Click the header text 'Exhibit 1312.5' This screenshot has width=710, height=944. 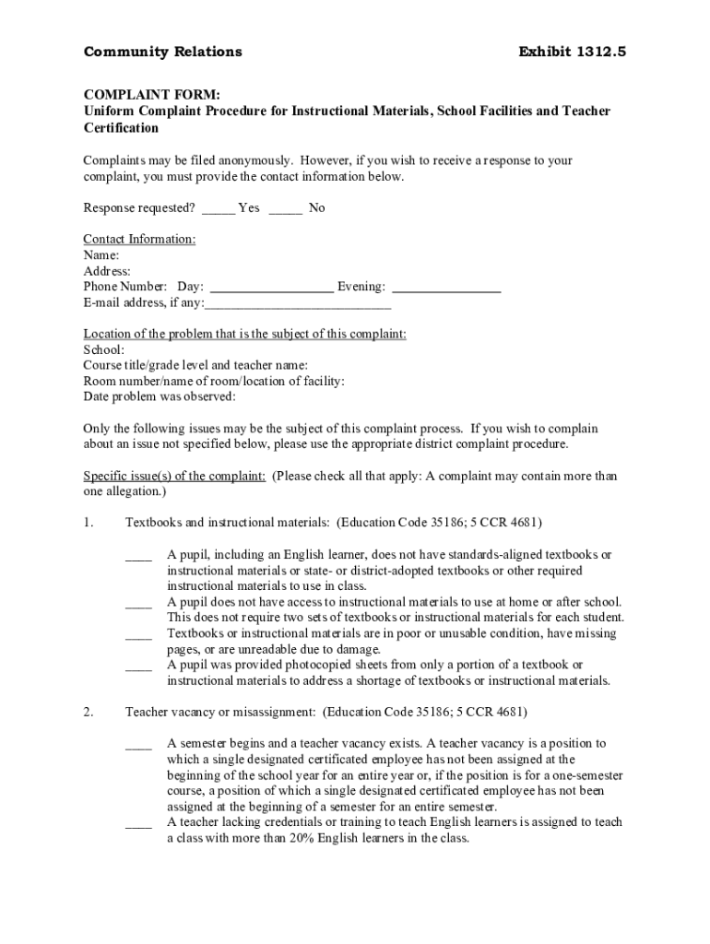click(574, 52)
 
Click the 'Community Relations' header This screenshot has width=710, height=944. click(163, 52)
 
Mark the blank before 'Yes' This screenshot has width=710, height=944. click(219, 209)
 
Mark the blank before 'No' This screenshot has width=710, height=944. click(286, 209)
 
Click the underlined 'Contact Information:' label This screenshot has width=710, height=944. click(139, 240)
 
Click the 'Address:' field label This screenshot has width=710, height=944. click(107, 271)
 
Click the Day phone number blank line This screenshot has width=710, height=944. click(272, 289)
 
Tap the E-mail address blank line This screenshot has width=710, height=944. click(298, 304)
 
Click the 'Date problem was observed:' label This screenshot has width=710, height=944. click(160, 397)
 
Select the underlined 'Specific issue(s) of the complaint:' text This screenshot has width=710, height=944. click(175, 477)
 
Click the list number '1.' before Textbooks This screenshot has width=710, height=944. click(89, 524)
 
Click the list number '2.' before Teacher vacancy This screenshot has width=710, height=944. click(89, 713)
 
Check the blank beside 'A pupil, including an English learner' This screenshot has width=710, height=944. click(138, 557)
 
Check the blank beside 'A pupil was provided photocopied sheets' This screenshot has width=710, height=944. click(138, 667)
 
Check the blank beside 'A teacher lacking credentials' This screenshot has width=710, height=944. click(138, 824)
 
